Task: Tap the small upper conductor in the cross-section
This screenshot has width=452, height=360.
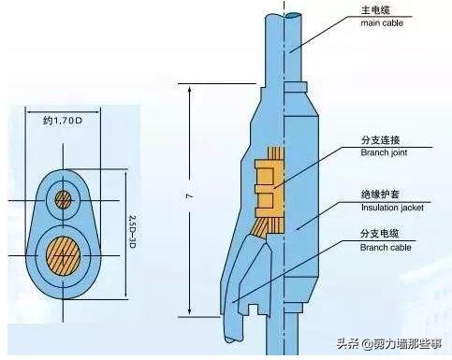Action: [64, 199]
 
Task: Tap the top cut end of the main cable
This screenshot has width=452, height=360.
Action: [288, 13]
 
